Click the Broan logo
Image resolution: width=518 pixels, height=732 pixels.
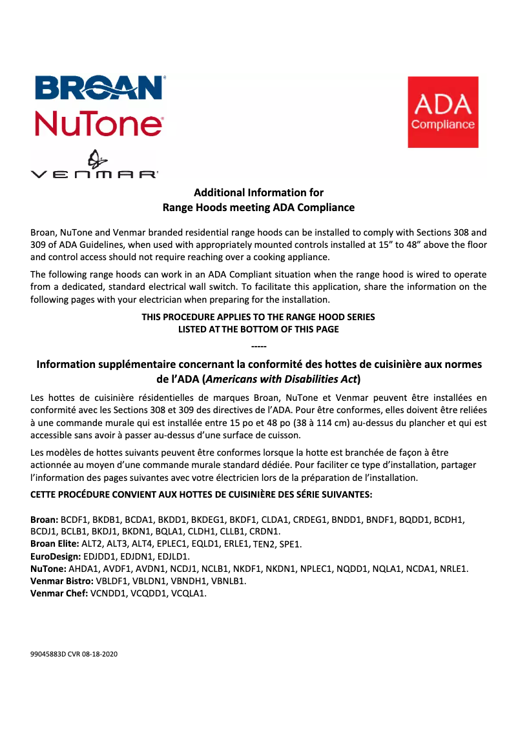point(98,88)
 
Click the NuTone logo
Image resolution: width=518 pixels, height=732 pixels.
point(98,123)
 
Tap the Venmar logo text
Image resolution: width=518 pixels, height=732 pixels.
point(94,174)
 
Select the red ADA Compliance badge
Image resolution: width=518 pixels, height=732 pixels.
point(442,112)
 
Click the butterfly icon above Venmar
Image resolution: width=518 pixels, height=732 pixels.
point(95,158)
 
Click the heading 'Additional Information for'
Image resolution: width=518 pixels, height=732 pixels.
point(258,192)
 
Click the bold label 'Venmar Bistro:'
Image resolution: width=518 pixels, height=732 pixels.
point(62,581)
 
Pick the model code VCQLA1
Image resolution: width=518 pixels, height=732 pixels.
point(188,593)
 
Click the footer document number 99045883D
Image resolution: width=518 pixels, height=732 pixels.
point(48,654)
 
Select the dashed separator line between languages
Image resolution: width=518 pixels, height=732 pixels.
point(258,349)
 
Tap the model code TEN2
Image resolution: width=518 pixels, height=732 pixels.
point(265,544)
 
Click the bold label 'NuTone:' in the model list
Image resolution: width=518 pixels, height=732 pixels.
point(48,569)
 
